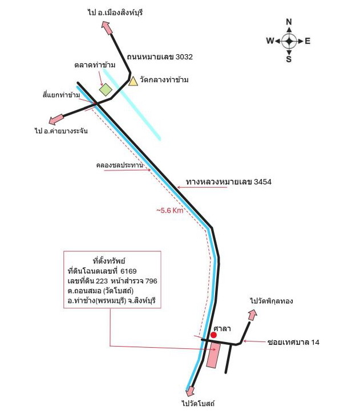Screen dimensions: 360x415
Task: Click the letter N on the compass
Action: pyautogui.click(x=289, y=22)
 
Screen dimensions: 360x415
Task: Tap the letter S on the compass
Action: pyautogui.click(x=289, y=59)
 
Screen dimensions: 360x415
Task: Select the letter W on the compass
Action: pyautogui.click(x=270, y=41)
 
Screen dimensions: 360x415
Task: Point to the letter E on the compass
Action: pyautogui.click(x=308, y=41)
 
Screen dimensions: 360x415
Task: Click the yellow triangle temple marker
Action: pyautogui.click(x=133, y=82)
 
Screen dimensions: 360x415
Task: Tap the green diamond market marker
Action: pyautogui.click(x=106, y=89)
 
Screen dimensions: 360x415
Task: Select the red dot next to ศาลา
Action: pyautogui.click(x=213, y=335)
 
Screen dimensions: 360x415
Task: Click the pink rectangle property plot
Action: pyautogui.click(x=213, y=356)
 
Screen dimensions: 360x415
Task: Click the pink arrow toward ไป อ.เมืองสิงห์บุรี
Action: pyautogui.click(x=107, y=28)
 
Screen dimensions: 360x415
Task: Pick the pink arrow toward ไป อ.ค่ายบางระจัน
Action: pyautogui.click(x=56, y=119)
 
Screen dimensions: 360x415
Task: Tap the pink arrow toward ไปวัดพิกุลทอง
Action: pyautogui.click(x=252, y=315)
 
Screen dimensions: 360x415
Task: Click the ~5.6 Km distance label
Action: pyautogui.click(x=170, y=210)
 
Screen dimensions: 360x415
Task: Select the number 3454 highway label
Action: pyautogui.click(x=262, y=182)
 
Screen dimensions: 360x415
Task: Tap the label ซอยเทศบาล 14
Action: pyautogui.click(x=293, y=342)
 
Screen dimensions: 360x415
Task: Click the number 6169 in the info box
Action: pyautogui.click(x=128, y=271)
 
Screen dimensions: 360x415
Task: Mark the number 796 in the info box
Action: pyautogui.click(x=151, y=281)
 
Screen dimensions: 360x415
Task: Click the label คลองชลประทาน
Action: pyautogui.click(x=119, y=165)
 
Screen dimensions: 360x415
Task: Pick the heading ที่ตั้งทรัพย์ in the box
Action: pyautogui.click(x=109, y=261)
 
